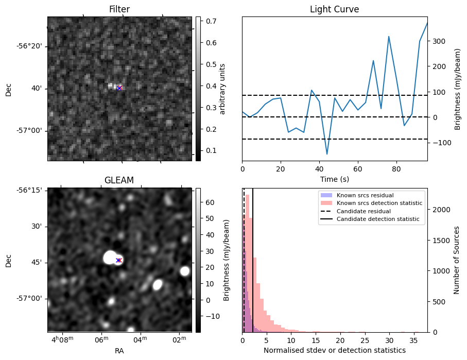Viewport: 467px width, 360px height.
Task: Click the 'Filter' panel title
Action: [119, 9]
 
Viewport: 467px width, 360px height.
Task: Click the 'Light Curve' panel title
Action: [334, 9]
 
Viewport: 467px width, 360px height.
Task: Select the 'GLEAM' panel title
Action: [119, 180]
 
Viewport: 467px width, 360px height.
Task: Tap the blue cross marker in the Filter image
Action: [119, 88]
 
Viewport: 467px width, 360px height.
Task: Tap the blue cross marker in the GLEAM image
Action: [118, 260]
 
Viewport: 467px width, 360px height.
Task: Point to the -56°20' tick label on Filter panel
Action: [29, 46]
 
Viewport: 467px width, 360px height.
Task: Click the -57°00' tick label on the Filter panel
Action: [29, 131]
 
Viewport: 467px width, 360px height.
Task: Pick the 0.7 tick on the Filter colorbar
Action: [210, 21]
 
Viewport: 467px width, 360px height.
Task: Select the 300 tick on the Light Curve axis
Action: [438, 41]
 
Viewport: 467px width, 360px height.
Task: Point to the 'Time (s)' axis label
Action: [334, 179]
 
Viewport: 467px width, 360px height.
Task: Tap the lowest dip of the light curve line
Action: [326, 154]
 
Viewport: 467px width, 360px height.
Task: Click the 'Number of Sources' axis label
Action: [457, 260]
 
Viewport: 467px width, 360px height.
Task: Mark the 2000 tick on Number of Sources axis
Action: [439, 210]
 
